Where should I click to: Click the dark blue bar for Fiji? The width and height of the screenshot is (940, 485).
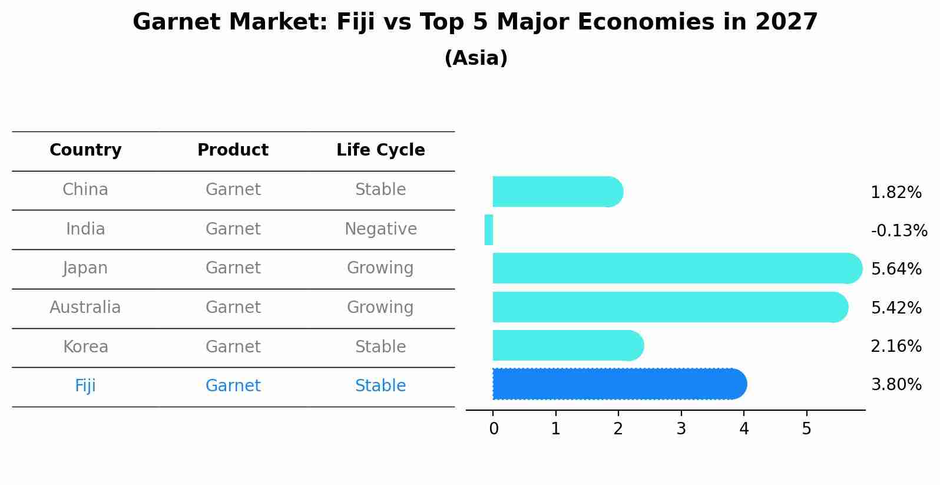(x=618, y=384)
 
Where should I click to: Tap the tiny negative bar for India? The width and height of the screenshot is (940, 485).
(x=489, y=230)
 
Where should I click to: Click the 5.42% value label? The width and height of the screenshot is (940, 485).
(x=896, y=308)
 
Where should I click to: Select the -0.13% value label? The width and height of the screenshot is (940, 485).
(x=899, y=230)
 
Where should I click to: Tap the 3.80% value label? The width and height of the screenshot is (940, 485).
(x=896, y=385)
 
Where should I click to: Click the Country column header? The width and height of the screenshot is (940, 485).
(x=85, y=150)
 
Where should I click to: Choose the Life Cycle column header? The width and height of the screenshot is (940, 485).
(x=380, y=150)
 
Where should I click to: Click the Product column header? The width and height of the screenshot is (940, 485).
(x=233, y=150)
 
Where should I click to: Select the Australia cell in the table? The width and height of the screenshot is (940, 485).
(x=85, y=308)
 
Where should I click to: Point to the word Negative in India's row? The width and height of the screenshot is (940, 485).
(x=380, y=229)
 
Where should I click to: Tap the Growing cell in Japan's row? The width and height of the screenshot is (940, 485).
(x=380, y=268)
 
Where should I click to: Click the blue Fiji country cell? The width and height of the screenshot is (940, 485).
(x=85, y=386)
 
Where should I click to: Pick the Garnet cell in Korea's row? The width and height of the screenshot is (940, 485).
(x=233, y=347)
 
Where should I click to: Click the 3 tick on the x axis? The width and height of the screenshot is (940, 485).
(x=681, y=429)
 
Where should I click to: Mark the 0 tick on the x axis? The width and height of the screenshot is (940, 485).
(x=494, y=429)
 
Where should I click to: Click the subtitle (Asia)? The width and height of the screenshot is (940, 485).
(x=476, y=58)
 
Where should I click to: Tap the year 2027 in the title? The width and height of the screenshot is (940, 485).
(x=786, y=22)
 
